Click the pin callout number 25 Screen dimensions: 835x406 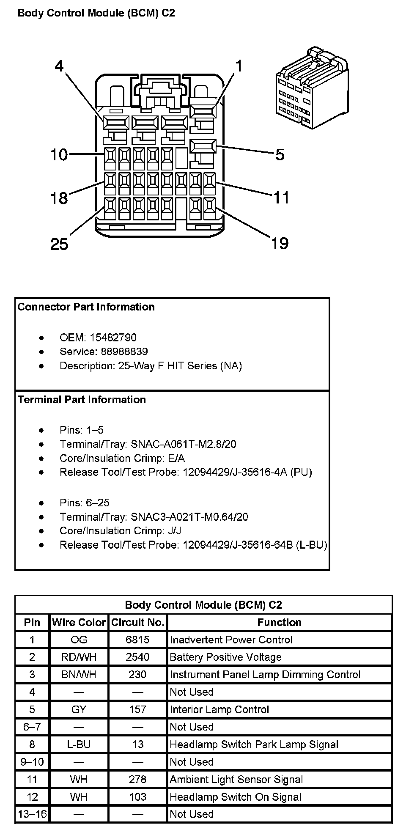tap(59, 244)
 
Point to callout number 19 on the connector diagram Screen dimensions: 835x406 tap(280, 243)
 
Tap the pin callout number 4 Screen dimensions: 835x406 tap(60, 66)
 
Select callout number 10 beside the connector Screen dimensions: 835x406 tap(59, 155)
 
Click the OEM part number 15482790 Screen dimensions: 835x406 tap(113, 338)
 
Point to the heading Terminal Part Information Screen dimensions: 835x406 tap(82, 400)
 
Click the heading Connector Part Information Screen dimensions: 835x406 tap(86, 307)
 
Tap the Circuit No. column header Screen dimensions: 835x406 tap(137, 622)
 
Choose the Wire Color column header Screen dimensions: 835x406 tap(79, 622)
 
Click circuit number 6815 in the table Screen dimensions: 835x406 tap(137, 640)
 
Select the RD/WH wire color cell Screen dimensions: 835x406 tap(79, 657)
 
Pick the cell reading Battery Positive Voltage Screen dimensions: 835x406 tap(225, 657)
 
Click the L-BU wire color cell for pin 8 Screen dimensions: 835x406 tap(79, 744)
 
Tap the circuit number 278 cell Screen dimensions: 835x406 tap(137, 779)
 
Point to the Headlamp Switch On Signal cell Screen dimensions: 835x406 tap(235, 797)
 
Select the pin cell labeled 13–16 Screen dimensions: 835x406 tap(32, 814)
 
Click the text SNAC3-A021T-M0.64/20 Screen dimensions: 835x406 tap(189, 516)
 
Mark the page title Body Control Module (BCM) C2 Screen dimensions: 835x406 tap(96, 13)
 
